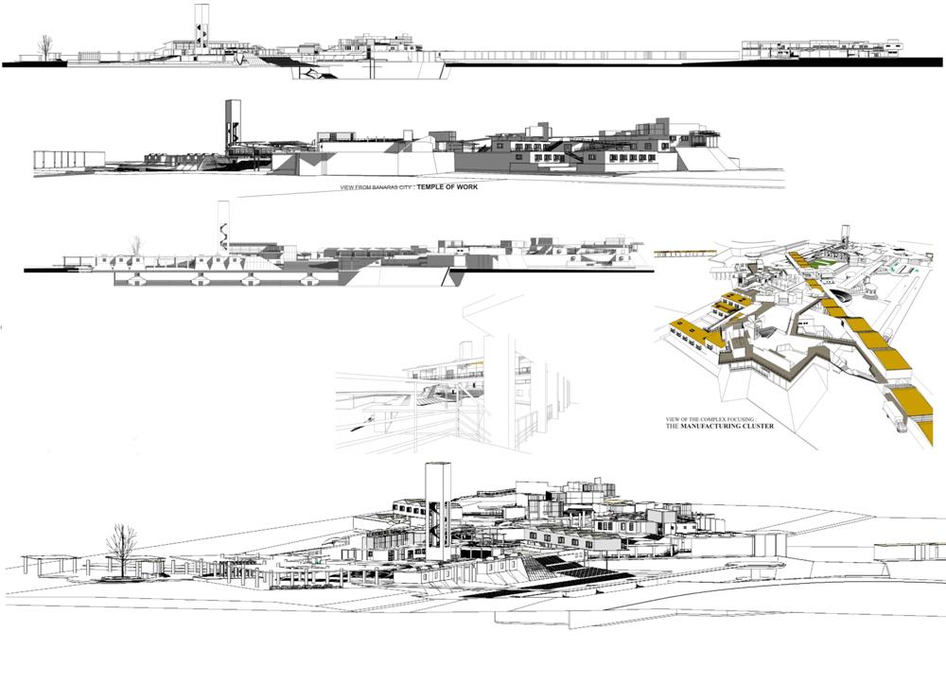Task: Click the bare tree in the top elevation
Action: coord(44,47)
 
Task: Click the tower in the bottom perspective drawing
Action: coord(437,511)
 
